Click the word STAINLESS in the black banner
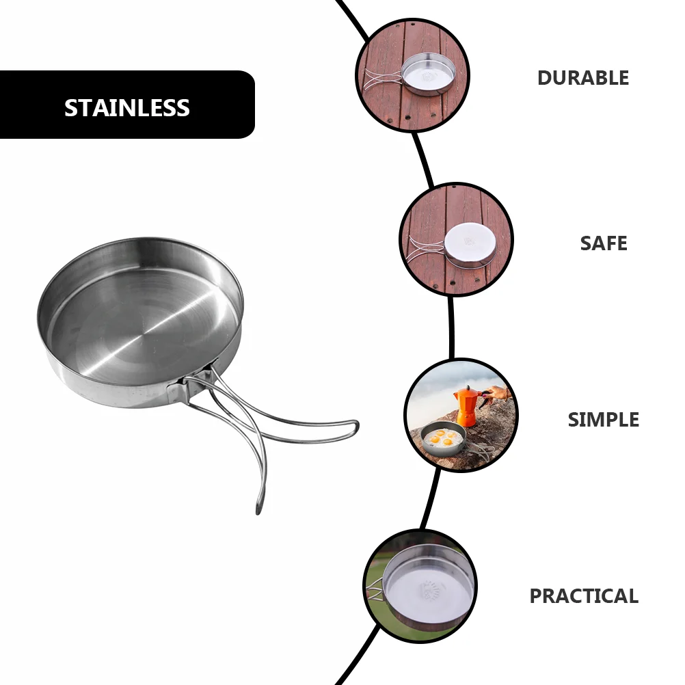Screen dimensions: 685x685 click(x=127, y=108)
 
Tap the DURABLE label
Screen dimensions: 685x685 click(x=582, y=78)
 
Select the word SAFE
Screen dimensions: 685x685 click(x=603, y=243)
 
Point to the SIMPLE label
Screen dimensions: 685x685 click(x=603, y=420)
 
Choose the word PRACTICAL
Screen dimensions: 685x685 click(x=584, y=596)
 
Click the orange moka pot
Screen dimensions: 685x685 click(x=467, y=407)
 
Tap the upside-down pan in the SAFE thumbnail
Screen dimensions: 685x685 click(x=468, y=241)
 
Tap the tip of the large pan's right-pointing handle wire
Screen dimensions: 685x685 click(x=355, y=427)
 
